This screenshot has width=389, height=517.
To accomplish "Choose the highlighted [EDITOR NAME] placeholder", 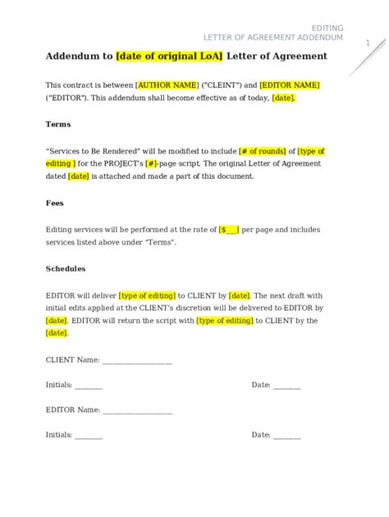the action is coord(290,85).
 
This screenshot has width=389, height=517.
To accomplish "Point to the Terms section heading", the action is coord(57,124).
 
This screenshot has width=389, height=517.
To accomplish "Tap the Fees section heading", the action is coord(55,203).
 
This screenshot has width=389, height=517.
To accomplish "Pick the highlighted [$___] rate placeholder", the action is coord(229,230).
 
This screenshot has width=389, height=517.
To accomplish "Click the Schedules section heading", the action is coord(66,268).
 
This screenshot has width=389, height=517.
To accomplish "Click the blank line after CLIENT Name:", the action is coord(137,360).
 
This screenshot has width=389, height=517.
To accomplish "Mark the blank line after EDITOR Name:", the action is coord(138,409).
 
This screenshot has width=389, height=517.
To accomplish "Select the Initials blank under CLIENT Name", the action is coord(89,385).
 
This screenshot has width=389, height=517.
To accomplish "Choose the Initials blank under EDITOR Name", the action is coord(89,435).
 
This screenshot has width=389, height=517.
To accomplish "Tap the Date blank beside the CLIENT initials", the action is coord(287,385).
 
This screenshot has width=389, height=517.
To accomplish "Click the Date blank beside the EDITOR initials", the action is coord(287,435).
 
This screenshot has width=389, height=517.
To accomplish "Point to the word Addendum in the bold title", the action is coord(72,56).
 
